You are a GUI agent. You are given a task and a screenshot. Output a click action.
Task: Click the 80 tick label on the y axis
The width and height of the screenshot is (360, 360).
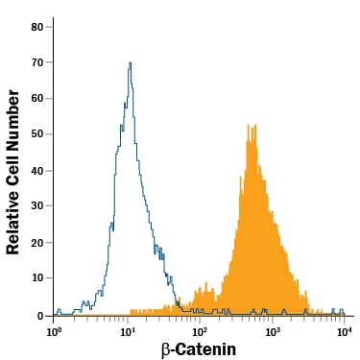(37, 27)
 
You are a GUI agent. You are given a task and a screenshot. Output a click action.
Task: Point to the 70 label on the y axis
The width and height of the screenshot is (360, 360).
(37, 62)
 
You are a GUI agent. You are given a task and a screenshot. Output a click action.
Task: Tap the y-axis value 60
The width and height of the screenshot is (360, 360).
(37, 98)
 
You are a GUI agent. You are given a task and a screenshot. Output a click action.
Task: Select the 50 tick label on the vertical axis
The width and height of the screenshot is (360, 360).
(37, 134)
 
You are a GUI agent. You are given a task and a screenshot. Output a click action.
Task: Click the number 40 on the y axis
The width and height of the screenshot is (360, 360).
(37, 171)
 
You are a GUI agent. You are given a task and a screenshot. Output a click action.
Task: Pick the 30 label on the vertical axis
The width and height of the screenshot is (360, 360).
(37, 205)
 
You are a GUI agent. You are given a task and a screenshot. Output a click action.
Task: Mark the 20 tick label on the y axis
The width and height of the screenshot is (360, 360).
(37, 243)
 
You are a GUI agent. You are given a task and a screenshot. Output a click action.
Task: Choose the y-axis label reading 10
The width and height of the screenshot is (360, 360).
(37, 277)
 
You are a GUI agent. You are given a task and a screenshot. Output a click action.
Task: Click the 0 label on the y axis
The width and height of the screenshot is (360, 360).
(40, 316)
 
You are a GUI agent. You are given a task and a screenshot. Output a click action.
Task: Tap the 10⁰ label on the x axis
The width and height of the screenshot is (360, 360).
(54, 331)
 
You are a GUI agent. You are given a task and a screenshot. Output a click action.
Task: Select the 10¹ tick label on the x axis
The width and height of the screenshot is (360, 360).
(127, 331)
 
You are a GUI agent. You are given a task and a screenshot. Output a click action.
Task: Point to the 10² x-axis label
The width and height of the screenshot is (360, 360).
(199, 331)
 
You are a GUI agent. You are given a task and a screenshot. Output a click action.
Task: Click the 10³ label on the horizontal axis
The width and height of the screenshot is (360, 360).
(272, 331)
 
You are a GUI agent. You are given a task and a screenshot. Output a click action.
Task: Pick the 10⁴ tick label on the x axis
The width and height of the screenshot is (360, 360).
(344, 331)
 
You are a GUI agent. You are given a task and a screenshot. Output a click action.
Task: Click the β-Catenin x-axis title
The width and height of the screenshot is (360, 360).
(199, 349)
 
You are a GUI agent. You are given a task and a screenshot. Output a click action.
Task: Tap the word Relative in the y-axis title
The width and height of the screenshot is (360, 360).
(12, 223)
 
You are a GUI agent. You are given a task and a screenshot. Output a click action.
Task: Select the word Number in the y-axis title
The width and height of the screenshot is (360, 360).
(12, 119)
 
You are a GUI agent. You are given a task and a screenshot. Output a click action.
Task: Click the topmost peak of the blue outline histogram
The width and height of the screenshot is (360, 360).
(130, 62)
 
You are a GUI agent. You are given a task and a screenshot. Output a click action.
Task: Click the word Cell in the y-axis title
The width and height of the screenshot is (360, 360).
(12, 169)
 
